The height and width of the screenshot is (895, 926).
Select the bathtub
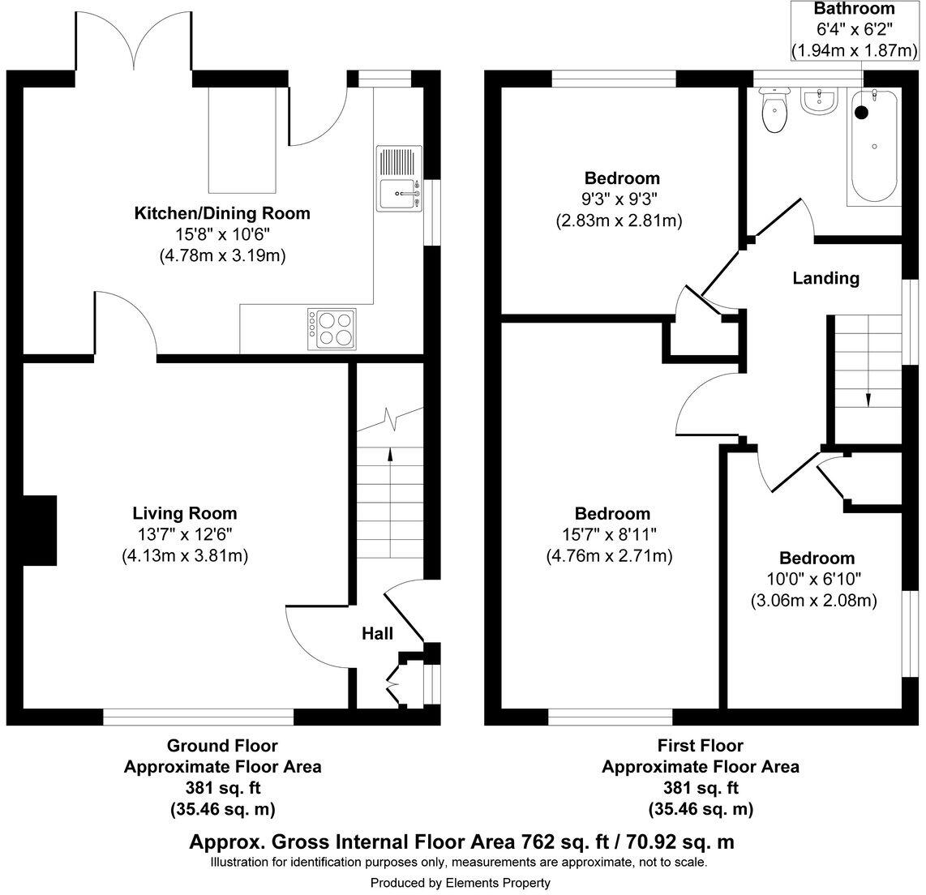pyautogui.click(x=874, y=147)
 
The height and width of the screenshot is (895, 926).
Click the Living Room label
pyautogui.click(x=185, y=513)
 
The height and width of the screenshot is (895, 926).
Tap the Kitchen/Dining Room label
pyautogui.click(x=222, y=214)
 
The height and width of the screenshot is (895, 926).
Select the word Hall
pyautogui.click(x=377, y=633)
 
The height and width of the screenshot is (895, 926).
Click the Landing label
pyautogui.click(x=825, y=278)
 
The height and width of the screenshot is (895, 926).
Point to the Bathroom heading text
pyautogui.click(x=855, y=10)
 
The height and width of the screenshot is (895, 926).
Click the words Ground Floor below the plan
pyautogui.click(x=222, y=745)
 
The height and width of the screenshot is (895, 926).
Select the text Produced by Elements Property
pyautogui.click(x=461, y=883)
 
